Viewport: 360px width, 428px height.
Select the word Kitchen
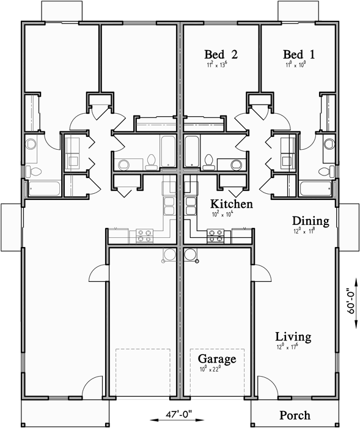(x=232, y=204)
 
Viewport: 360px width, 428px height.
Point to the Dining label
(x=310, y=221)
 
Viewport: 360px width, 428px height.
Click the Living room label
(x=293, y=337)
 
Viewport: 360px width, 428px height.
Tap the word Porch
(x=295, y=415)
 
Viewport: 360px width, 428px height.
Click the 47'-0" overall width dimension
(x=180, y=413)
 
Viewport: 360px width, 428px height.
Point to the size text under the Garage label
(x=210, y=369)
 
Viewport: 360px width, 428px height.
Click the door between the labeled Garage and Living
(x=257, y=275)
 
